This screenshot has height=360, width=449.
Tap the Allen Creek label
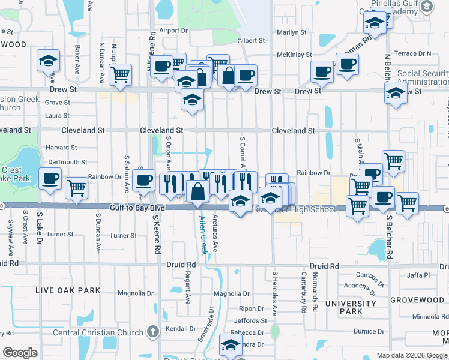coord(204,235)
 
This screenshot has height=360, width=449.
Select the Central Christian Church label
coord(98,332)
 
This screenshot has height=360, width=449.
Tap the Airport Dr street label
coord(173,30)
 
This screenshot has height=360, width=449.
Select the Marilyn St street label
coord(292,32)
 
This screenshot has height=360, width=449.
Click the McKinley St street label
coord(291,55)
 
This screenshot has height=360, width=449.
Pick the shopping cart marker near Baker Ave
coord(121,75)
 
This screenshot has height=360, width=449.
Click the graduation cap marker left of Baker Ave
coord(48,61)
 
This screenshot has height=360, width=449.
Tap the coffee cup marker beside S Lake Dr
coord(50,178)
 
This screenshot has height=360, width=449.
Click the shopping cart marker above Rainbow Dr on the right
coord(393,160)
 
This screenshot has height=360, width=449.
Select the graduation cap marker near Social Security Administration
coord(396,94)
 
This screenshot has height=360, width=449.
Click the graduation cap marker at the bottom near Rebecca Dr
coord(230,344)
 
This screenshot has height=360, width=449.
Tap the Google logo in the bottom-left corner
coord(20,353)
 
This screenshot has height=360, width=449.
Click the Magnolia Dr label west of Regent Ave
coord(132,293)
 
